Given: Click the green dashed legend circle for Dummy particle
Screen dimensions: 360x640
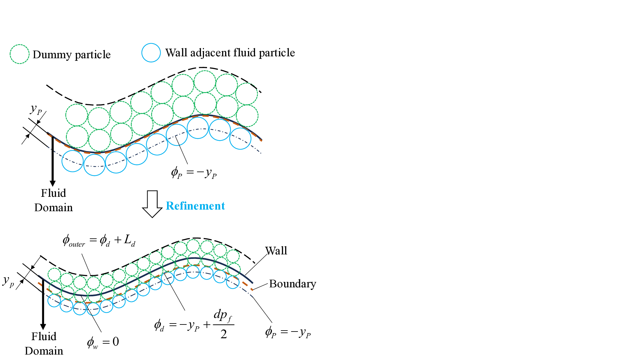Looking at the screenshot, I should point(20,54).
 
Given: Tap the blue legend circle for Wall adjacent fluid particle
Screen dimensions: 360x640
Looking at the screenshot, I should point(151,52).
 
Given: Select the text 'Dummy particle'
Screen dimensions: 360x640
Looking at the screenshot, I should point(72,55).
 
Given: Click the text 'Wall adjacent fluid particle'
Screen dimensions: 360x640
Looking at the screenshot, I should point(230,53).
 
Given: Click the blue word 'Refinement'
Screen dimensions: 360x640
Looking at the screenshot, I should point(196,206).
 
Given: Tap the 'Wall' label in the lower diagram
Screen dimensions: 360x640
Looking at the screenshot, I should point(276,251).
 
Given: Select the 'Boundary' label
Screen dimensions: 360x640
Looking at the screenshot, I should point(292,284).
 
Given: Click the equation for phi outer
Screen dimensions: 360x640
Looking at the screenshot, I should point(99,240).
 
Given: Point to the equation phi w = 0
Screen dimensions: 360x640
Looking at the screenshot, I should point(103,342).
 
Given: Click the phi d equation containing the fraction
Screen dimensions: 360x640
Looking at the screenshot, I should point(194,325).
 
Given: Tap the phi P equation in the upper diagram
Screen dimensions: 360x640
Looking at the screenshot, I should point(194,173).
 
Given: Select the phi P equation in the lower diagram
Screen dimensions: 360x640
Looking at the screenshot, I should point(288,332).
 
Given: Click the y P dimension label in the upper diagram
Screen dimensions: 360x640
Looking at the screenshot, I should point(36,109).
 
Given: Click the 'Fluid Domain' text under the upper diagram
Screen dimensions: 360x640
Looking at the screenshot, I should point(53,200).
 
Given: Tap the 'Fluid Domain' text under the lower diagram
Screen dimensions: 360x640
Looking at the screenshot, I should point(44,344).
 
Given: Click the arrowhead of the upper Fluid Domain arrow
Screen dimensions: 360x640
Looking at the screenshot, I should point(53,183).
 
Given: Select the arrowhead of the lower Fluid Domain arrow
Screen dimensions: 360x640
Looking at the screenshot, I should point(43,327).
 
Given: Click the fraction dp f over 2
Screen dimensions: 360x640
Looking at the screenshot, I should point(224,325).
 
